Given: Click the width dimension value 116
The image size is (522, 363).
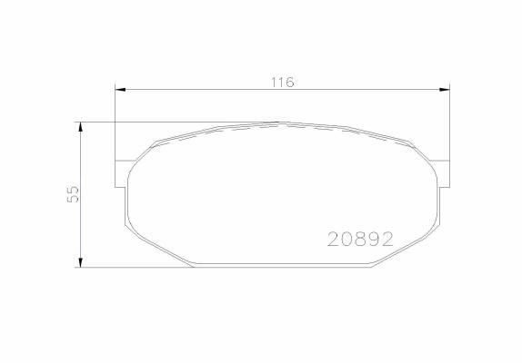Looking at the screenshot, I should pyautogui.click(x=282, y=82).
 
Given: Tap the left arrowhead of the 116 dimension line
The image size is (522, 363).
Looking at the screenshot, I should pyautogui.click(x=119, y=89).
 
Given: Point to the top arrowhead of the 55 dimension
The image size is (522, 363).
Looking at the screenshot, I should pyautogui.click(x=82, y=126).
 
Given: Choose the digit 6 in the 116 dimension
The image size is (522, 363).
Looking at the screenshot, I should pyautogui.click(x=290, y=82).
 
